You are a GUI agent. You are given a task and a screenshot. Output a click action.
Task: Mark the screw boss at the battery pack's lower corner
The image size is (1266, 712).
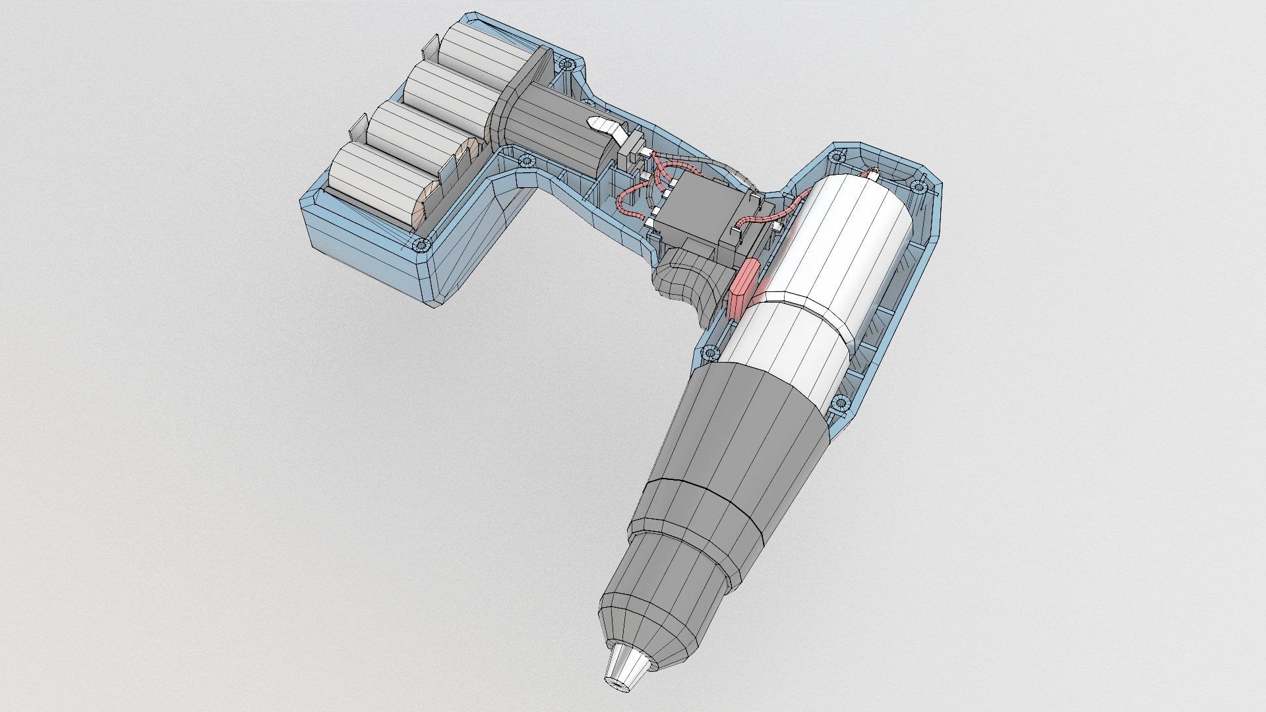(421, 245)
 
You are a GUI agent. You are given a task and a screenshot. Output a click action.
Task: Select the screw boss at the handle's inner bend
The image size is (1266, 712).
(526, 160)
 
